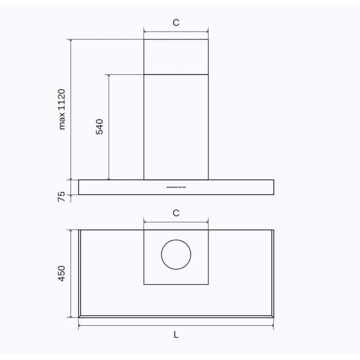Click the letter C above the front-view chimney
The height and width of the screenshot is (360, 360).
[x=176, y=23]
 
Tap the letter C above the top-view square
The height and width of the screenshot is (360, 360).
[x=176, y=213]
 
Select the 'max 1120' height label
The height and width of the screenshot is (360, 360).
[x=62, y=109]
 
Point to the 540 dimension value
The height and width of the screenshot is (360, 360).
[x=100, y=126]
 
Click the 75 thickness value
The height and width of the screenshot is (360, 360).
[x=62, y=197]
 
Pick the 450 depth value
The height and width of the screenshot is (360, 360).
[x=62, y=273]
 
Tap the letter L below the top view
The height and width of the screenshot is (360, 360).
[x=176, y=335]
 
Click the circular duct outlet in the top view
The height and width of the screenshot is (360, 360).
[x=176, y=255]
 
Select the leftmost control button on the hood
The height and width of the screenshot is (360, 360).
[x=168, y=187]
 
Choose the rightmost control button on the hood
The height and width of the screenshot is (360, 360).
[x=184, y=187]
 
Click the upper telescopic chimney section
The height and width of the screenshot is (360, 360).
[x=176, y=57]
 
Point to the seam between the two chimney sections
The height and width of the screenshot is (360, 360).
[x=176, y=75]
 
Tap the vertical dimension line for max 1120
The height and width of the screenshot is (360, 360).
[x=71, y=151]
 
